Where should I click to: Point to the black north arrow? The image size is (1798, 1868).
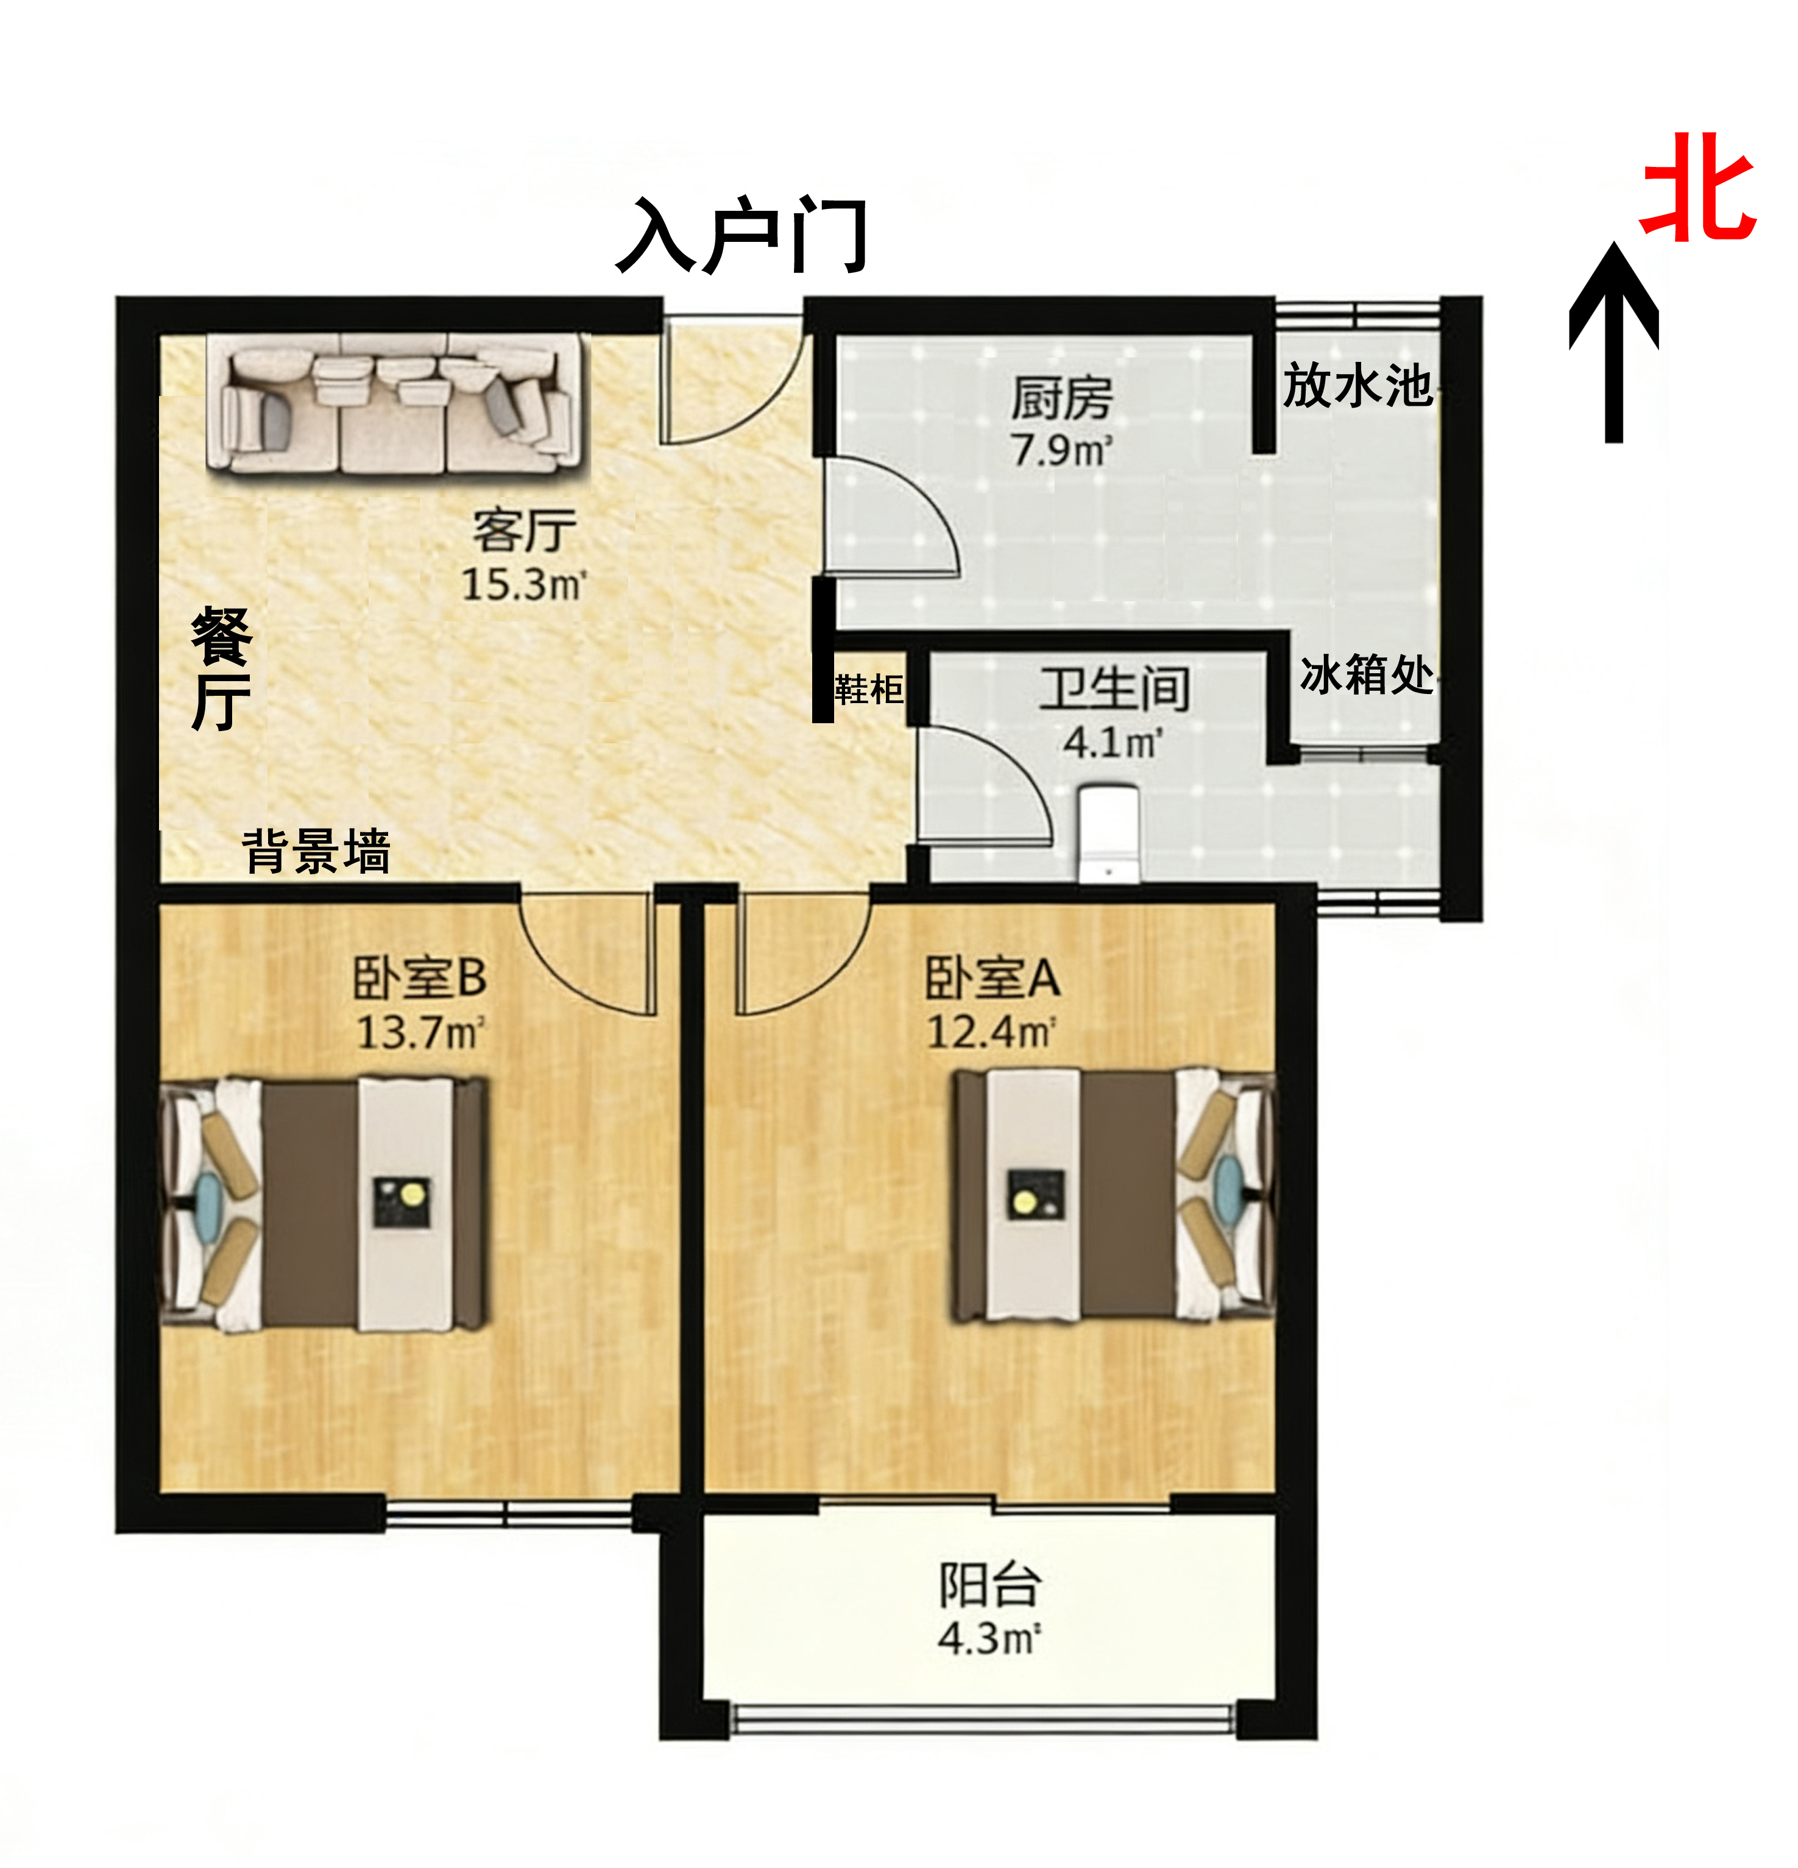[x=1613, y=341]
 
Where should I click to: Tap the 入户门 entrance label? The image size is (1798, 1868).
[x=741, y=235]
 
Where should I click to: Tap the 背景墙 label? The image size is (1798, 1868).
[x=316, y=851]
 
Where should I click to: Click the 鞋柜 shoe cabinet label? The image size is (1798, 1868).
[x=868, y=688]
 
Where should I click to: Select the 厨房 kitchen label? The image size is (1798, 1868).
[x=1061, y=397]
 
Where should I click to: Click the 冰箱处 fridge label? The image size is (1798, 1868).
[x=1366, y=675]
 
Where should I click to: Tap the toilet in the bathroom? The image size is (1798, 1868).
[x=1109, y=833]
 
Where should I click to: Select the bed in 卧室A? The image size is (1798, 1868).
[x=1114, y=1195]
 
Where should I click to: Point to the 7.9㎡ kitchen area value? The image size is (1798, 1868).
[x=1062, y=450]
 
